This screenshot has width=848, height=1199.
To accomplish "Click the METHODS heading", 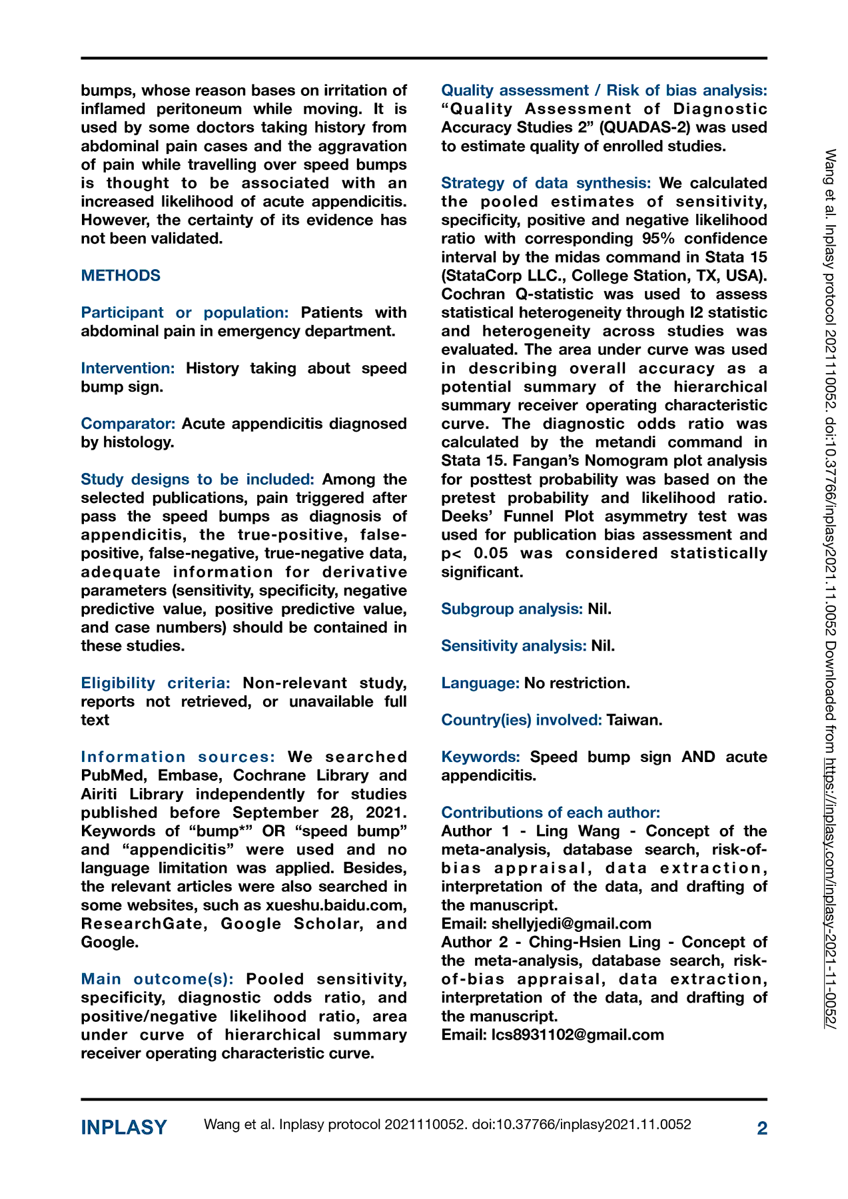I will (121, 276).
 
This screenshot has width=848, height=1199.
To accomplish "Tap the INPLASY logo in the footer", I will (124, 1127).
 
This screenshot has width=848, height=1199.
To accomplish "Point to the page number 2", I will (762, 1128).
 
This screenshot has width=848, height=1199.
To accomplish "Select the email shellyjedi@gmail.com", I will (571, 924).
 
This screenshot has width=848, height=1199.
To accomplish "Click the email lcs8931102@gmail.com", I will (578, 1034).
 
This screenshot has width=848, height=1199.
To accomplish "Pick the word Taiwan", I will (634, 720).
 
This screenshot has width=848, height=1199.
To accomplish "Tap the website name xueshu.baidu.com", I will (336, 905).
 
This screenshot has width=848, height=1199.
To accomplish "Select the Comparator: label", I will (129, 424).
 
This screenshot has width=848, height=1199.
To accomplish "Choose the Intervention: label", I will (128, 368).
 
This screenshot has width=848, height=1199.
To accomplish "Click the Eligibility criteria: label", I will (156, 683).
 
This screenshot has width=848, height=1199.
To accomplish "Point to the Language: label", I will (480, 683).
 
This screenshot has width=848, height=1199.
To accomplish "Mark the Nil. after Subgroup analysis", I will (600, 609).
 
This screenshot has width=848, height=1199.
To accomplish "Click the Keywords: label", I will (480, 757).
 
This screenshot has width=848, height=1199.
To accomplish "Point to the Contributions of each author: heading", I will (551, 813).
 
